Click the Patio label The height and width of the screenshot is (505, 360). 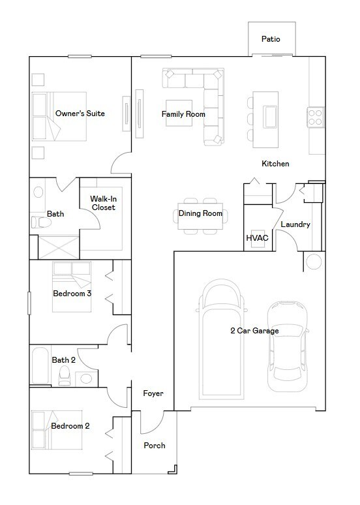coord(271,39)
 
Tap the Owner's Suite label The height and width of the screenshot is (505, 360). coord(80,114)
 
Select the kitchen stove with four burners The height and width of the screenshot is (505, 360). coord(315,117)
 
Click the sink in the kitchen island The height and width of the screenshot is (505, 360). coord(270,116)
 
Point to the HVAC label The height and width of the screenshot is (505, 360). coord(257,238)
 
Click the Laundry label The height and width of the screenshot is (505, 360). coord(295,224)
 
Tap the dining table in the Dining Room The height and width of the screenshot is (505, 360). coord(200,216)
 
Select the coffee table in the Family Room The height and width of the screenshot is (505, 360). coord(179,113)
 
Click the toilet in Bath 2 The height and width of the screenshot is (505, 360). coord(65,376)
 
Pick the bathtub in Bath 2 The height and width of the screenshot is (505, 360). coord(40,365)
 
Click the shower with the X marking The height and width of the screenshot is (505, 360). coord(58,247)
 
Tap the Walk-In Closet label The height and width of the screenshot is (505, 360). coord(103,203)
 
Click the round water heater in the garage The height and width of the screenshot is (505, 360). coord(314,261)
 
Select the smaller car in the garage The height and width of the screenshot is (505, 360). coord(287,346)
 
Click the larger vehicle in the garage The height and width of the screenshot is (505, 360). coord(221,339)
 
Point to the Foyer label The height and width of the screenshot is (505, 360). coord(153,393)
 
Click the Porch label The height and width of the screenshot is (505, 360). coord(155,446)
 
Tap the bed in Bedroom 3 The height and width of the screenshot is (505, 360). coord(72,286)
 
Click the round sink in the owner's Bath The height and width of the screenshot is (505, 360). coord(38,192)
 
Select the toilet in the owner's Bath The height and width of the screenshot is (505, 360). coord(41,222)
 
